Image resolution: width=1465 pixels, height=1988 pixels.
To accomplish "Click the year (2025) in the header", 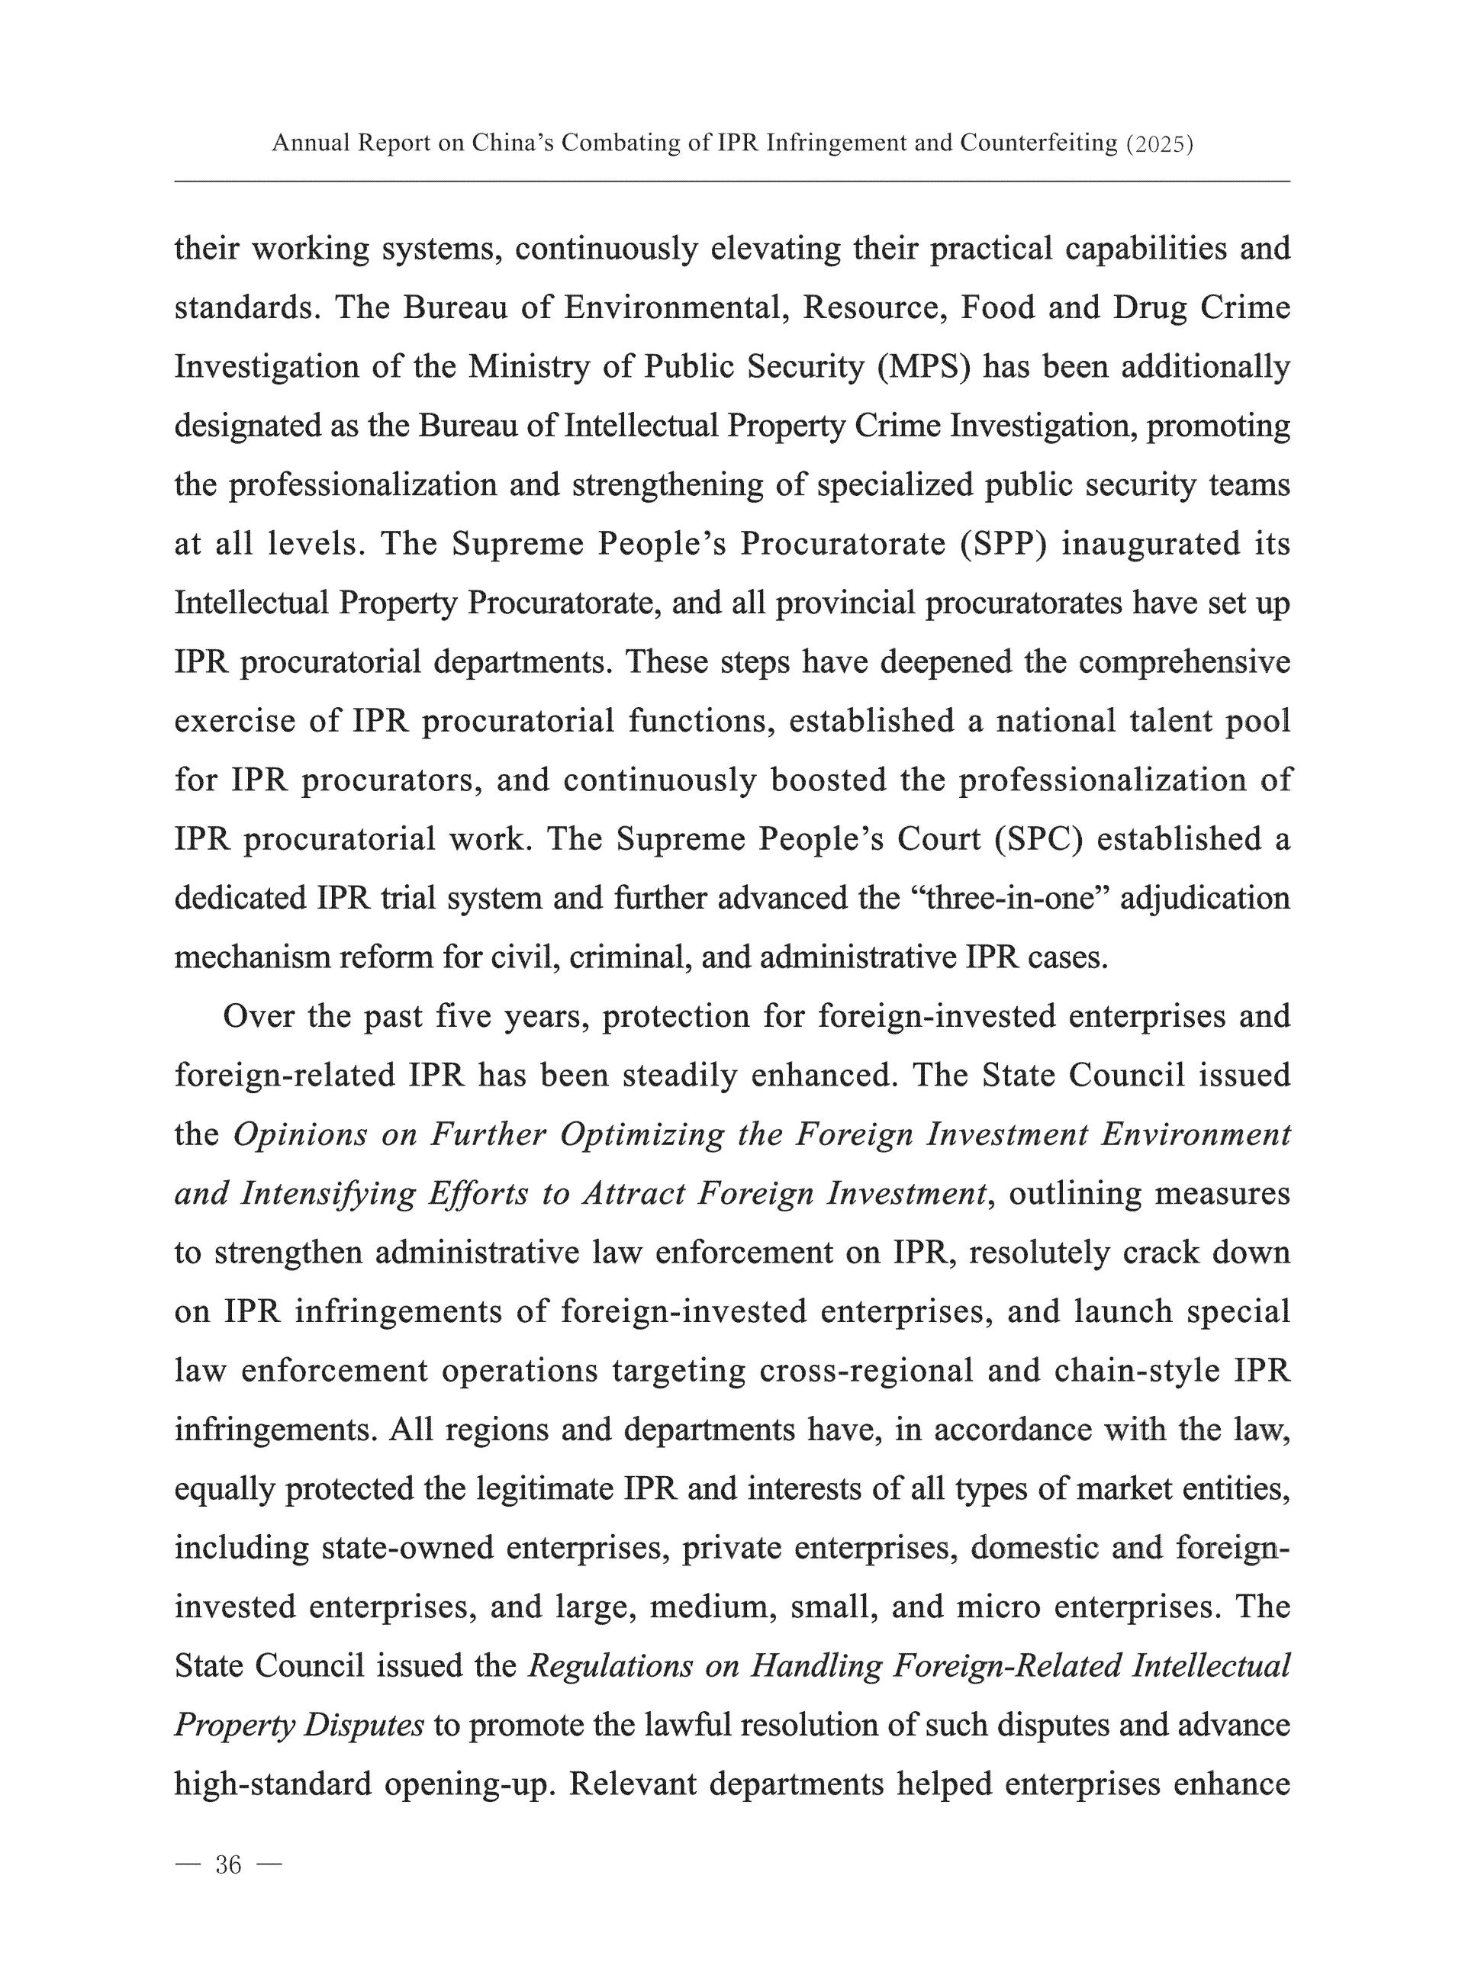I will (x=1159, y=143).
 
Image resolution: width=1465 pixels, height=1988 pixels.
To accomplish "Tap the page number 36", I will (x=228, y=1864).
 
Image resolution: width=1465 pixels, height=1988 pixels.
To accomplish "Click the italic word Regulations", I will (x=610, y=1666).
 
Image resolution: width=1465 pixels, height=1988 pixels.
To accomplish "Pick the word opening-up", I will (x=463, y=1784).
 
